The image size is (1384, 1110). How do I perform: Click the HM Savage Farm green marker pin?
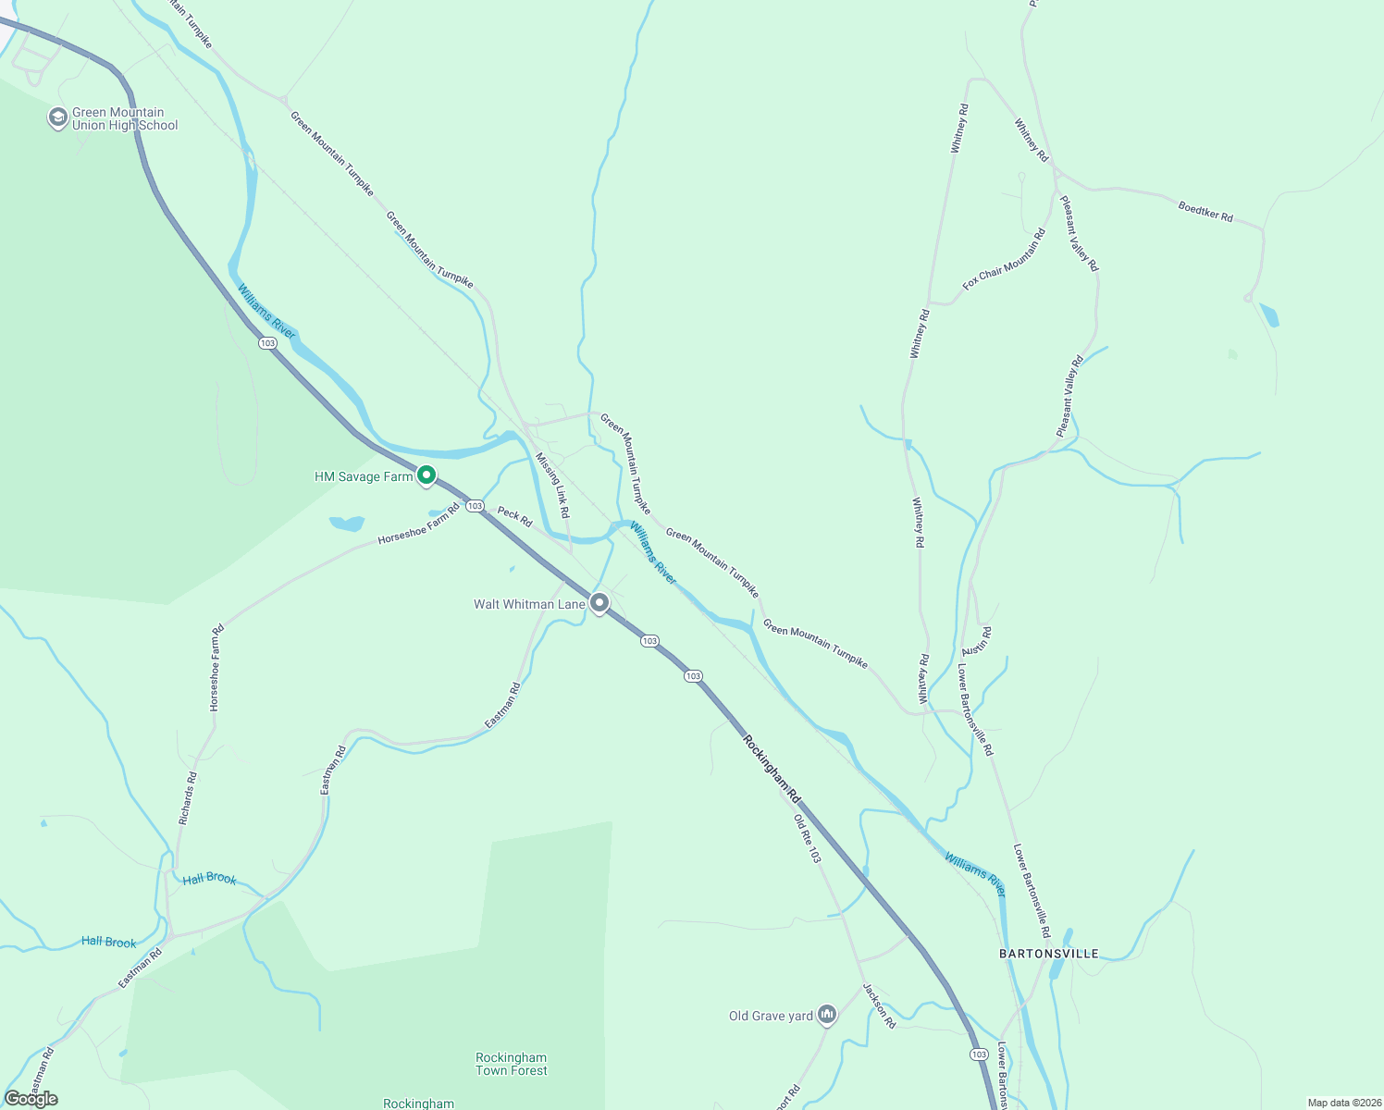click(426, 475)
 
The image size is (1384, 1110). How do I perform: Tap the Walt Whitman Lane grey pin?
click(599, 603)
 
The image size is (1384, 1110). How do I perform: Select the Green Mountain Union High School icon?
click(57, 118)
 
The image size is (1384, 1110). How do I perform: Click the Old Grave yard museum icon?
click(827, 1015)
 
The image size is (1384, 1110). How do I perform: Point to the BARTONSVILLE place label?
click(1049, 954)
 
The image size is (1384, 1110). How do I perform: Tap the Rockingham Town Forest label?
click(511, 1064)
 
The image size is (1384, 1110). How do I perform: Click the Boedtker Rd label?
click(1205, 211)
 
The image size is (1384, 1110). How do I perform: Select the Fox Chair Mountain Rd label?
click(1004, 259)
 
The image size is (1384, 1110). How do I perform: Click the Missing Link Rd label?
click(552, 485)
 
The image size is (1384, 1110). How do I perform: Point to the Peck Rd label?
click(514, 516)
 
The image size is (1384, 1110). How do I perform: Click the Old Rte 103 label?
click(807, 838)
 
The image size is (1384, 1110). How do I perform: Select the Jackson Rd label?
click(879, 1005)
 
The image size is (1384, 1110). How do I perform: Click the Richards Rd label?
click(188, 798)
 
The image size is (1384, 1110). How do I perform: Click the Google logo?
click(31, 1099)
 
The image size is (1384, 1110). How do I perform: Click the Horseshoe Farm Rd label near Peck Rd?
click(418, 524)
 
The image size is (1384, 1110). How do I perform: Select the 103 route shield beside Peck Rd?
click(475, 506)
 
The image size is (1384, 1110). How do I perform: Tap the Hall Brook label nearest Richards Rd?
click(209, 878)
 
